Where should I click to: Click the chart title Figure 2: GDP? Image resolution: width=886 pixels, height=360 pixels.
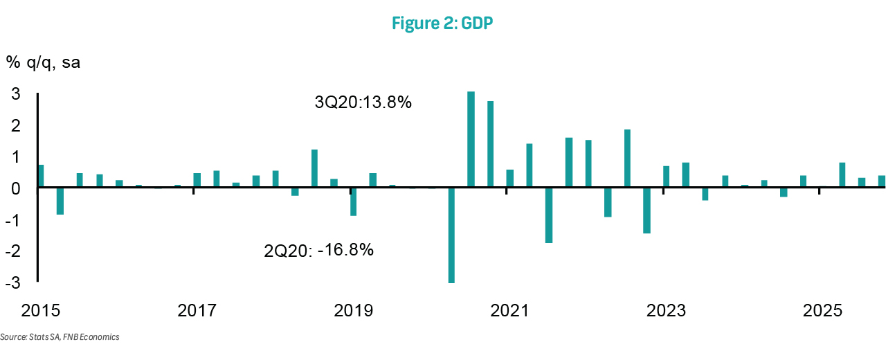[442, 23]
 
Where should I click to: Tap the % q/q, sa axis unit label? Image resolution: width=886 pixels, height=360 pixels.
[43, 62]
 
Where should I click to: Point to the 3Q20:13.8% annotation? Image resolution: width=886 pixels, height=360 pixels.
[363, 102]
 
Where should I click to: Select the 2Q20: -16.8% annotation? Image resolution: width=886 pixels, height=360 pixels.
[319, 250]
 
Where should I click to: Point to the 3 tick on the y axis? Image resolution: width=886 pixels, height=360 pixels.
[15, 94]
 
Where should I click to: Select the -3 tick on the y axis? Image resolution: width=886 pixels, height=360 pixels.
[12, 283]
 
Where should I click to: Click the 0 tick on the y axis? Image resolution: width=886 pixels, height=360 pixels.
[15, 188]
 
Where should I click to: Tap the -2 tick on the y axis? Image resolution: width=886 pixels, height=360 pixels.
[12, 252]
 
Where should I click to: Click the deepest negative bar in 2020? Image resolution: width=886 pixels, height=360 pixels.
[451, 235]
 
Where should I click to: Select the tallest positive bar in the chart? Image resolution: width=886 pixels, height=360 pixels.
[471, 139]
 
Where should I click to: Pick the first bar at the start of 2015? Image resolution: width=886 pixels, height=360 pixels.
[41, 176]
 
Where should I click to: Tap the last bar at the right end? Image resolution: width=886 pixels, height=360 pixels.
[881, 181]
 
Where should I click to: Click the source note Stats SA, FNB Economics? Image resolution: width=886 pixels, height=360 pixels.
[60, 337]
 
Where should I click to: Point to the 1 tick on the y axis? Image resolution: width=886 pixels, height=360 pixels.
[15, 157]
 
